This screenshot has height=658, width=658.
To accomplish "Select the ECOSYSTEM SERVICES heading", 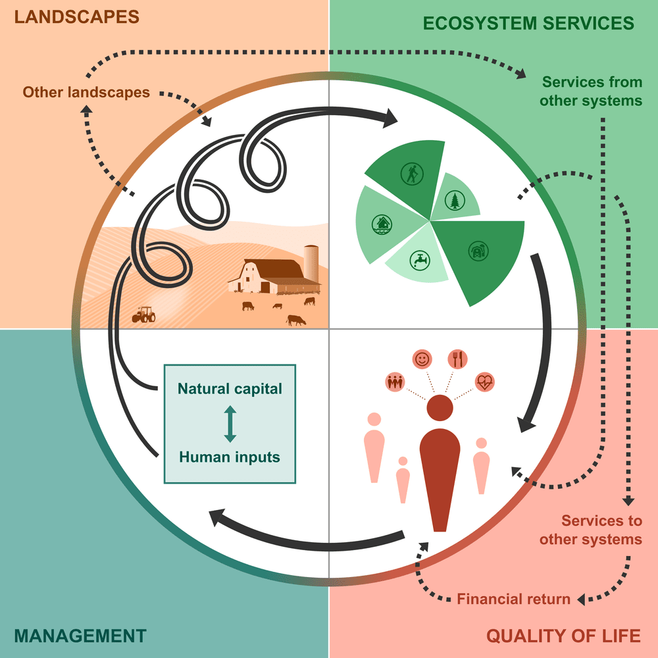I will pos(528,23).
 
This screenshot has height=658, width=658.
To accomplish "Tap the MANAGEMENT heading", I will pos(80,636).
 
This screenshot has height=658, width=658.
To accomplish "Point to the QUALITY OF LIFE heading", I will pos(563,636).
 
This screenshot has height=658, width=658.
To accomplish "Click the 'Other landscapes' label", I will pos(86,92).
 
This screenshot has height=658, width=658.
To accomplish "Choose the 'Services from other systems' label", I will pos(591,91).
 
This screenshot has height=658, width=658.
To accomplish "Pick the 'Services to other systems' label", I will pos(591,530).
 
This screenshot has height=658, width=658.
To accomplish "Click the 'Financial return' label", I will pos(514,599).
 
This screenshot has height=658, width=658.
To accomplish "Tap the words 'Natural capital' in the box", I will pos(230,388).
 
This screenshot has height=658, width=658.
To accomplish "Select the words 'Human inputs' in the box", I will pos(230,457).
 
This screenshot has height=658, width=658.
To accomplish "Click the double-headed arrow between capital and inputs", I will pos(230,423).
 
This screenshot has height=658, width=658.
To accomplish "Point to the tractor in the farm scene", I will pos(144,315).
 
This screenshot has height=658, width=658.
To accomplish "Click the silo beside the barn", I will pos(311,263).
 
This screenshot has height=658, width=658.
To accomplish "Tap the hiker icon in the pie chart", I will pos(411,174).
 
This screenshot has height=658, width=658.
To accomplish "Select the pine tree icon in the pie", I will pos(454,199).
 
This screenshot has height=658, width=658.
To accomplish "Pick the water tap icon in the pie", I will pos(419,259).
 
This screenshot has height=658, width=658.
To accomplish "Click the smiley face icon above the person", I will pos(422,359).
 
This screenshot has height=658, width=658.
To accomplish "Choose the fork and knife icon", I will pos(457,359).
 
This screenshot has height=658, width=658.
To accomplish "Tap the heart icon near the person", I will pos(484,382).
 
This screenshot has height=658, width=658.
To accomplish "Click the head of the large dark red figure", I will pos(440,409).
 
